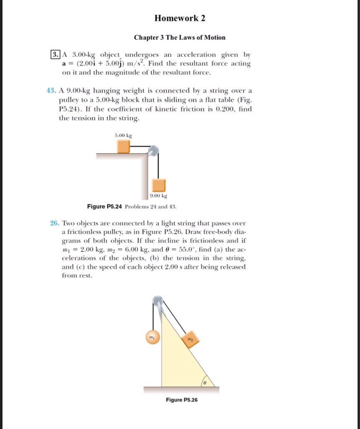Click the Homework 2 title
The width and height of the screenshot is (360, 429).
(180, 17)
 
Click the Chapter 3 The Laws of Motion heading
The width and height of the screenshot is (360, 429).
(180, 37)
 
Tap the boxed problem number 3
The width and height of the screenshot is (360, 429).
(54, 55)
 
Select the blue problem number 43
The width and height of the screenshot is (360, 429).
(51, 89)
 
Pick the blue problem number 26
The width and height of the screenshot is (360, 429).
(54, 224)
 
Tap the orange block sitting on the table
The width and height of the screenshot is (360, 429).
(124, 147)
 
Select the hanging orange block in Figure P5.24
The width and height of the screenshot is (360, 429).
(159, 186)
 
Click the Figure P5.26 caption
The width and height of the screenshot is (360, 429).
(182, 400)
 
